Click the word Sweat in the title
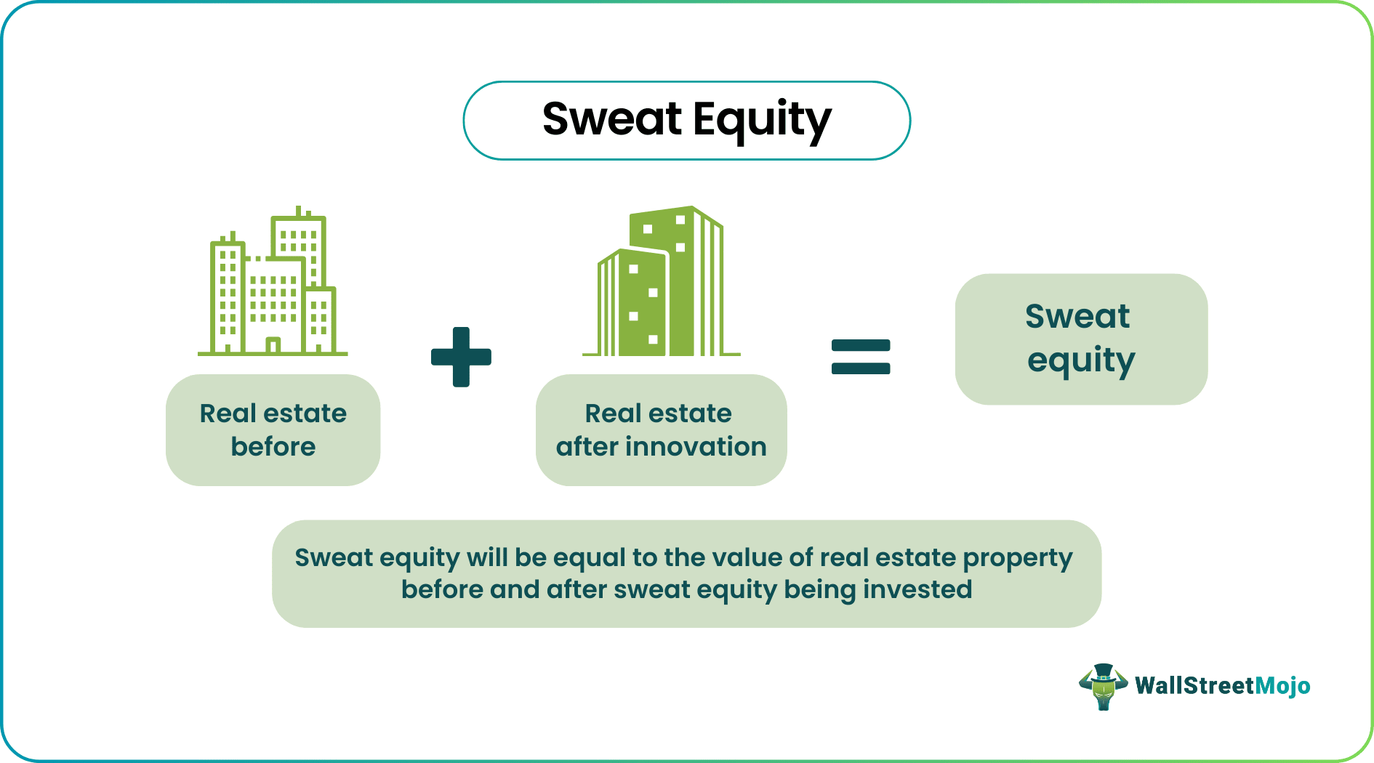click(612, 118)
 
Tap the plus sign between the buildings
click(461, 357)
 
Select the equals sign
click(861, 357)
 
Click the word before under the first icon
click(273, 446)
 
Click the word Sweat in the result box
click(1077, 316)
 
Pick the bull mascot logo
click(1103, 687)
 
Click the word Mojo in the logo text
click(1282, 686)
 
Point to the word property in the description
click(1018, 559)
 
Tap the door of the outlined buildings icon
click(273, 346)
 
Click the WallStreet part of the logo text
click(1194, 685)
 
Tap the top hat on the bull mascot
click(1104, 671)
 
